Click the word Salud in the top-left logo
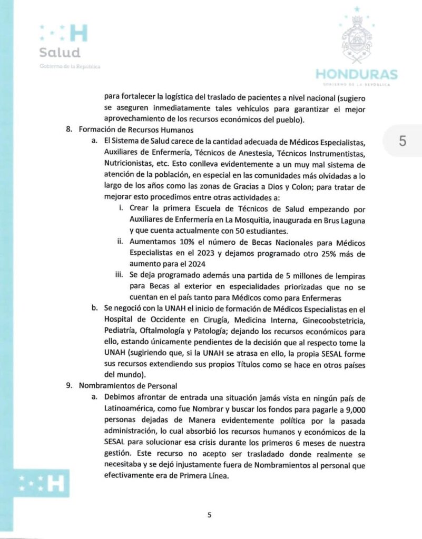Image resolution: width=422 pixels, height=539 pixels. point(60,53)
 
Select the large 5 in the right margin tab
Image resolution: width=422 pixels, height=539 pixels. point(403,141)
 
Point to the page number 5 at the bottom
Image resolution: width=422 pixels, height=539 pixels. point(209,515)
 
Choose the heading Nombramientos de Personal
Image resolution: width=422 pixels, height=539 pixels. point(128,385)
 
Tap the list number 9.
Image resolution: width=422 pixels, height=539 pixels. point(68,385)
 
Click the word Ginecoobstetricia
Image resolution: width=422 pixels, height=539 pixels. point(331,321)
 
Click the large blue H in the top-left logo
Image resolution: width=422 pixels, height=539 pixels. point(78,33)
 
